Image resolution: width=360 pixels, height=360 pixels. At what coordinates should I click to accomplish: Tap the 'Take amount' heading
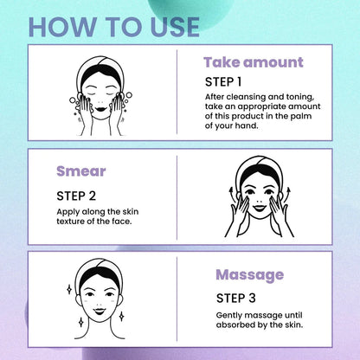(253, 62)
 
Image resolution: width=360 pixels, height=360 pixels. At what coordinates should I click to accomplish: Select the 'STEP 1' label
(228, 82)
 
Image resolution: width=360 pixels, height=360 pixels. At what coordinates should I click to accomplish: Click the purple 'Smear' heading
(80, 171)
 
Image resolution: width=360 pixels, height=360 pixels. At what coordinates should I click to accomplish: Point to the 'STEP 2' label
(80, 195)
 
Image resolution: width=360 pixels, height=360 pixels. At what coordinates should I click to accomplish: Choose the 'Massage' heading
(248, 275)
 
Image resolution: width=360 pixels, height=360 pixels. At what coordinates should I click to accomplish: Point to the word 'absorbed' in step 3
(235, 325)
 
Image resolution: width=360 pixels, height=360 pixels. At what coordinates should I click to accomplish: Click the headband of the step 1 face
(103, 66)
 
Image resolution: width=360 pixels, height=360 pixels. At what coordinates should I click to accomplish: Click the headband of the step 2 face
(255, 164)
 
